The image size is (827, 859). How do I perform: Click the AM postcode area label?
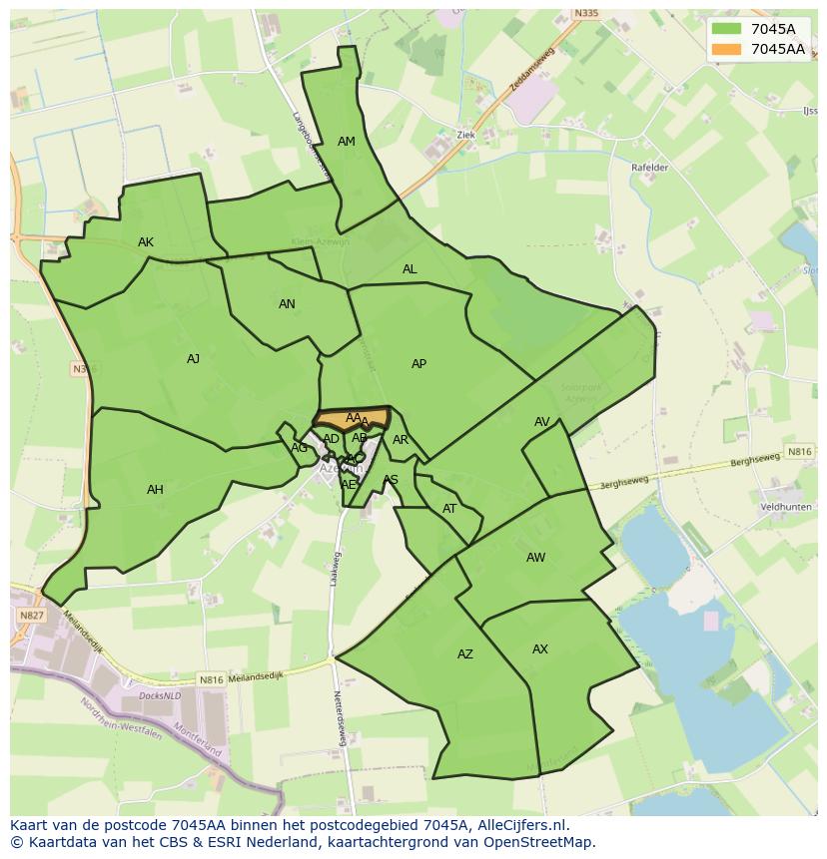(x=347, y=142)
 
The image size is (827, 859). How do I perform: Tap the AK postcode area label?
(x=146, y=242)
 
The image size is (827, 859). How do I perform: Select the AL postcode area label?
(x=410, y=269)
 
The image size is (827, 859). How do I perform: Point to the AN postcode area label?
(x=287, y=304)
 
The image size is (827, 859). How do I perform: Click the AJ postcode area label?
(x=193, y=359)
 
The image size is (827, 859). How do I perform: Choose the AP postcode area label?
(x=418, y=364)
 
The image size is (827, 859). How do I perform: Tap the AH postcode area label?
(x=155, y=490)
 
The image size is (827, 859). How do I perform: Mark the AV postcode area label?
(x=541, y=422)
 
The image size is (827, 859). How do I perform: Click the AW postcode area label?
(x=535, y=558)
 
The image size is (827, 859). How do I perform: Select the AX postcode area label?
(x=540, y=649)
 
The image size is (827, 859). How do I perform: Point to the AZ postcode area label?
(x=464, y=654)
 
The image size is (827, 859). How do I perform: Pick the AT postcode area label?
(x=449, y=509)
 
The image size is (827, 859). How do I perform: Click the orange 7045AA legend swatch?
(x=726, y=49)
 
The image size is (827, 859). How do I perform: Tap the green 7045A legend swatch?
(x=726, y=29)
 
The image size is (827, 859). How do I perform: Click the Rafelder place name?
(x=649, y=168)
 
